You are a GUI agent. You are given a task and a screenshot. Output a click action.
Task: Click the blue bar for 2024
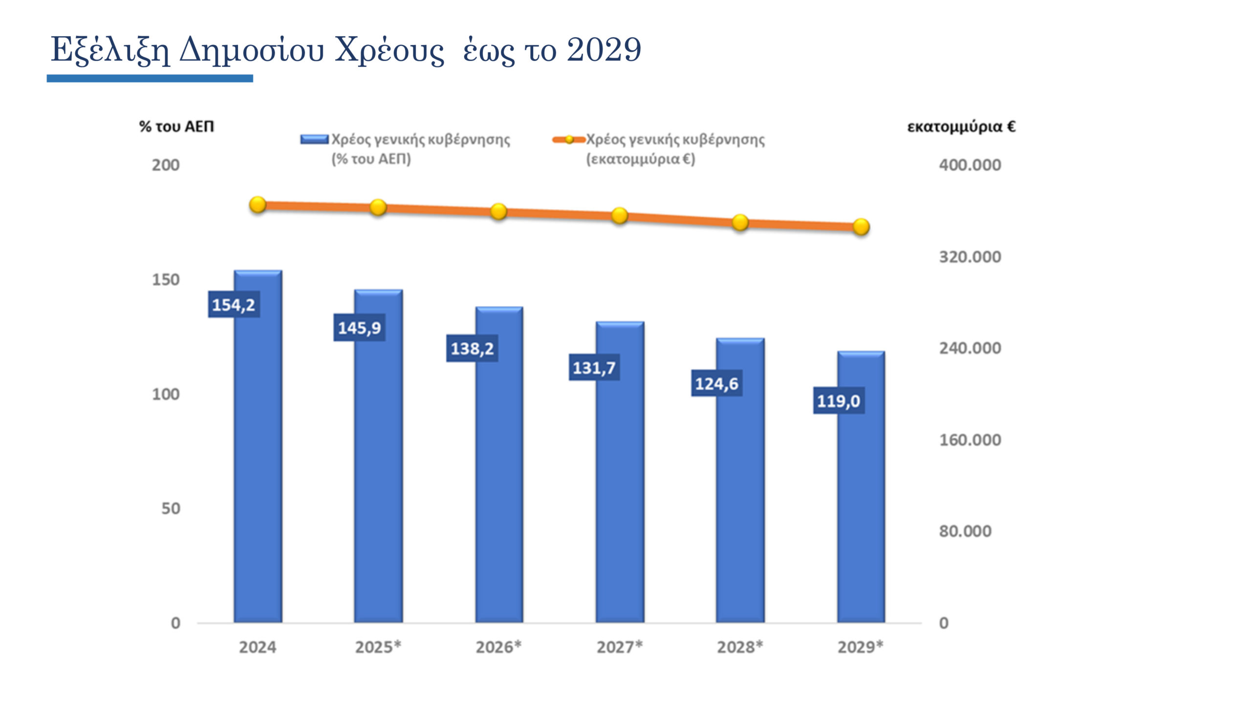(258, 464)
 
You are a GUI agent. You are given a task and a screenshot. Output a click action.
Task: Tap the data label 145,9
(359, 328)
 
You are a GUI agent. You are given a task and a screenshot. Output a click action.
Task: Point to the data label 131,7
(594, 368)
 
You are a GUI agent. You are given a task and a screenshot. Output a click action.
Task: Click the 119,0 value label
(839, 401)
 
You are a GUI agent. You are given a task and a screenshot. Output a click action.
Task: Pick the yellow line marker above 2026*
(498, 211)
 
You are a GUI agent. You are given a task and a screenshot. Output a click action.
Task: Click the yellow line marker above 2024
(258, 205)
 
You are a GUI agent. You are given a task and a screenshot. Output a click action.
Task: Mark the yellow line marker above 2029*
(861, 227)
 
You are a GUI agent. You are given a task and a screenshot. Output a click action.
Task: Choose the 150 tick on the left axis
(166, 280)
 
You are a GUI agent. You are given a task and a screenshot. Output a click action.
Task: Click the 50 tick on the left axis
(171, 509)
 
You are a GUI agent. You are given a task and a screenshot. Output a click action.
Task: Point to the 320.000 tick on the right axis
(970, 257)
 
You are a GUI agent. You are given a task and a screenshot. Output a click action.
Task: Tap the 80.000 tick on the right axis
(965, 531)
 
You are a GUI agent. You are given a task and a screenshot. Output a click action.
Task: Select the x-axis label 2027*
(619, 647)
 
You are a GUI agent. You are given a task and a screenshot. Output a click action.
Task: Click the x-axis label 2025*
(378, 647)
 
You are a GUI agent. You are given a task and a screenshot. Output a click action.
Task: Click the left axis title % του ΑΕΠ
(176, 126)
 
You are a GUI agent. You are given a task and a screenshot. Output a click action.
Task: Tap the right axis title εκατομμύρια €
(961, 126)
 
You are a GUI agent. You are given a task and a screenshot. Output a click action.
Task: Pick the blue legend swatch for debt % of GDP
(314, 140)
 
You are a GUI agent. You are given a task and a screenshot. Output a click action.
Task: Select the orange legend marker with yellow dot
(569, 140)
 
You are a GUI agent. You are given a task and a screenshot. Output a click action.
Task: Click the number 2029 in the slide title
(604, 50)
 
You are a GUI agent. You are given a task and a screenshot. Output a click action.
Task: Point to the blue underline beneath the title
(150, 78)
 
